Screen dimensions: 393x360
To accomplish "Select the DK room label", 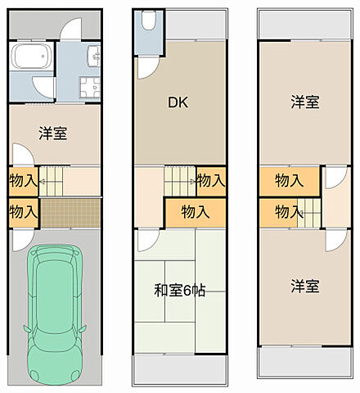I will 178,102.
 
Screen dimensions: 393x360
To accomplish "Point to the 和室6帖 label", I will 178,290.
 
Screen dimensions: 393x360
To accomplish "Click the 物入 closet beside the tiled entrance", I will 23,211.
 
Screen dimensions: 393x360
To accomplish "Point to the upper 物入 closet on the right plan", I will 289,180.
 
